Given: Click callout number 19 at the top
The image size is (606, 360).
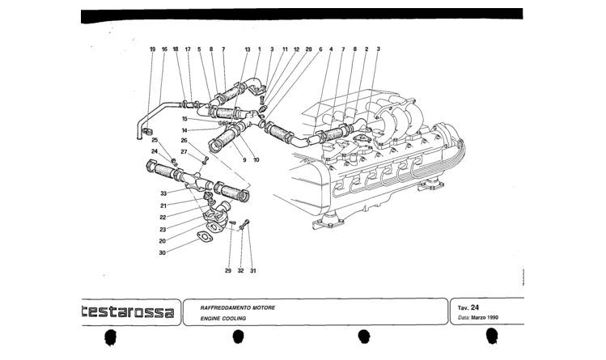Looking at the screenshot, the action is (152, 49).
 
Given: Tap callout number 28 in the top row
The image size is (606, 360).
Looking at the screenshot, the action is (308, 49).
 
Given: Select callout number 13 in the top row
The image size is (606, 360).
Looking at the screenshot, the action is (248, 49).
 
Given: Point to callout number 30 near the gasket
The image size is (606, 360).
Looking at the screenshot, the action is (163, 253).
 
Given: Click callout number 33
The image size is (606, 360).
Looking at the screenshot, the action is (163, 193).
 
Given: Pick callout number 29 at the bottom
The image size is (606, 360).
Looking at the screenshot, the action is (228, 271).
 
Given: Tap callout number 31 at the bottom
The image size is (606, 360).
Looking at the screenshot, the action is (252, 271).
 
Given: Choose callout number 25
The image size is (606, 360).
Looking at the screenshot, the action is (155, 140).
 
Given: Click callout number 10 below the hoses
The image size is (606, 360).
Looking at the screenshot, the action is (256, 160).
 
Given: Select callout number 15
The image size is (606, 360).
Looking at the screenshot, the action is (184, 119).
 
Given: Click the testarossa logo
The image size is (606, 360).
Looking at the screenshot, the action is (128, 311).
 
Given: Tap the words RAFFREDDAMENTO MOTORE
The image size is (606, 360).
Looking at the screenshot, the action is (238, 308).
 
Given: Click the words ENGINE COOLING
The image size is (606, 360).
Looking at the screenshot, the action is (223, 319).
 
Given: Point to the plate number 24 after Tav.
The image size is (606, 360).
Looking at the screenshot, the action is (475, 307).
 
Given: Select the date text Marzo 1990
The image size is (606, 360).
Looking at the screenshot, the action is (485, 317).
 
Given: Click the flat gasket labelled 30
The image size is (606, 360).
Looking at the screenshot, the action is (205, 236).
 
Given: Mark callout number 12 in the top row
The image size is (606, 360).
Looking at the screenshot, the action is (296, 49).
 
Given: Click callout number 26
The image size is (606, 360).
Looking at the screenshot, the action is (184, 141).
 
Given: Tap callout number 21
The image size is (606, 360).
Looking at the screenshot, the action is (163, 205).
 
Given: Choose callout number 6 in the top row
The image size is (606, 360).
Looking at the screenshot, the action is (320, 49).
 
